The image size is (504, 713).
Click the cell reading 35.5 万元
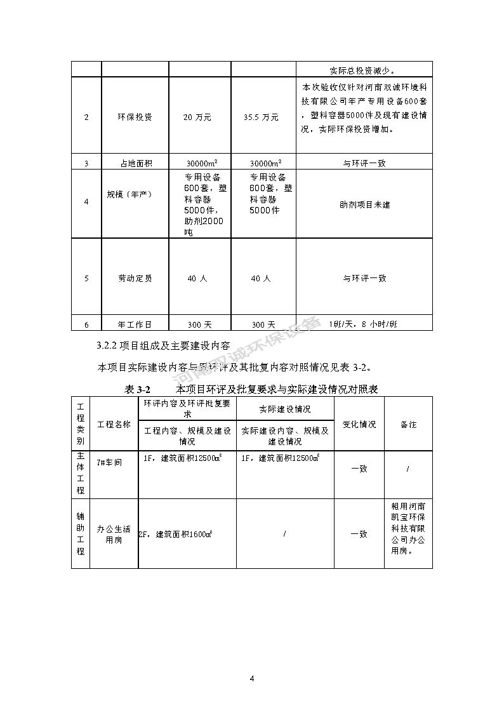[262, 117]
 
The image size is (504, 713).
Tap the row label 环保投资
[135, 117]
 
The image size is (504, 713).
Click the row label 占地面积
[135, 163]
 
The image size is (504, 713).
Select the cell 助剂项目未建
[364, 205]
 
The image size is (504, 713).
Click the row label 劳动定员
[135, 278]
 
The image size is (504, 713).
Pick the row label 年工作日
[135, 324]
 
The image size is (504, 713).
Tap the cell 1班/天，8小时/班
[364, 324]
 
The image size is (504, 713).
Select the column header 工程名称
[114, 424]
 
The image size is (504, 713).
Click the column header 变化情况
[359, 424]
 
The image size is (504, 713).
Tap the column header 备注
[408, 424]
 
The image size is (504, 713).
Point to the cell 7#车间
[110, 462]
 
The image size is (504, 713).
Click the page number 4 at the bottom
[252, 679]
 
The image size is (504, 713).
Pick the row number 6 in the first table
[86, 324]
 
